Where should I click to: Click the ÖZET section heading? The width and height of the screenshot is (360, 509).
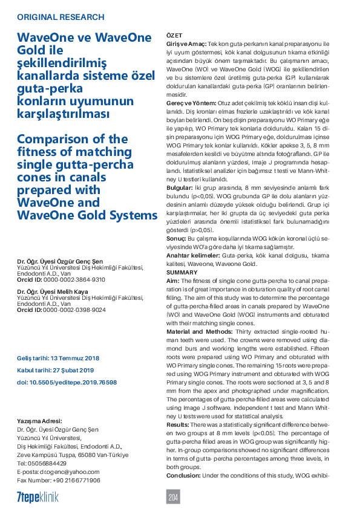pos(174,36)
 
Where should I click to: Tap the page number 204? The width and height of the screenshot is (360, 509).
pos(174,497)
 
